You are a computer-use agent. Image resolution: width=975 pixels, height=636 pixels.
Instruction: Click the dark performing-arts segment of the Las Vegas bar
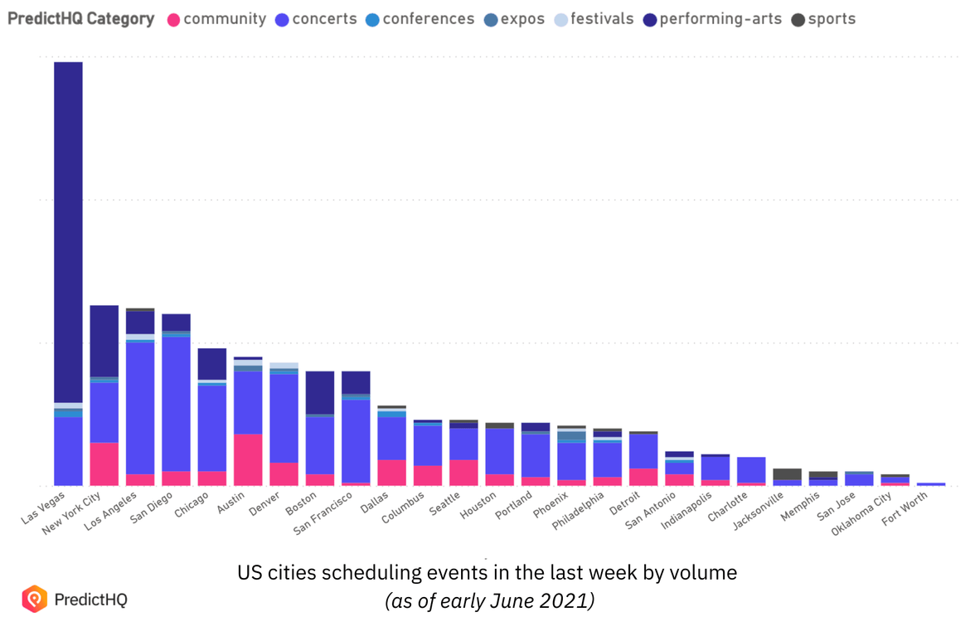click(x=68, y=232)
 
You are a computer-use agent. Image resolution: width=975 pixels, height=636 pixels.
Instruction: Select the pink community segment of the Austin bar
click(x=248, y=459)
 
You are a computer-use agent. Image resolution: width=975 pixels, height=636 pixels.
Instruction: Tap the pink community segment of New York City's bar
click(x=104, y=464)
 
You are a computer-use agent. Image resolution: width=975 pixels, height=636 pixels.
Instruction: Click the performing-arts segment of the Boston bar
click(x=320, y=392)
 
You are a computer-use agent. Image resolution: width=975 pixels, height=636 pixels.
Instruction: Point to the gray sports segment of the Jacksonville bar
click(x=787, y=473)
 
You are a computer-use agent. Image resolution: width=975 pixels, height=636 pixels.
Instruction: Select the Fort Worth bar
click(x=930, y=483)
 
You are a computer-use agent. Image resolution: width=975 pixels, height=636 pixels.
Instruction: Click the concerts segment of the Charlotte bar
click(x=751, y=469)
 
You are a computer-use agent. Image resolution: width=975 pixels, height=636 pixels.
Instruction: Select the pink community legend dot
click(x=174, y=19)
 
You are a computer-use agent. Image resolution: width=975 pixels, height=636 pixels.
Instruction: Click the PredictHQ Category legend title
click(x=80, y=19)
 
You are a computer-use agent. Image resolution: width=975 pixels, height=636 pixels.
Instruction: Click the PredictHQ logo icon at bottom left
click(x=34, y=599)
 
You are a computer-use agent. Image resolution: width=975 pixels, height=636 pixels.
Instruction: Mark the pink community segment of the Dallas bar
click(x=391, y=473)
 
